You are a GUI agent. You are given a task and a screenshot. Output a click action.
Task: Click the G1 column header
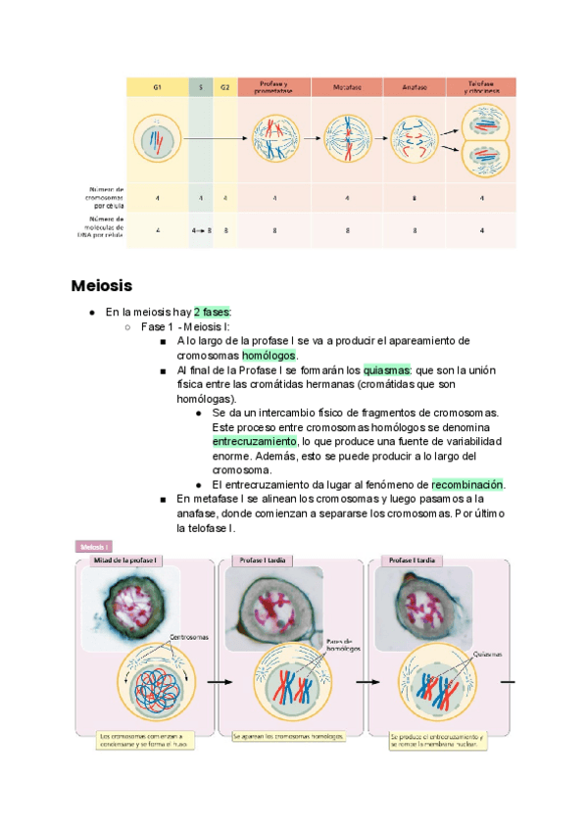click(x=157, y=87)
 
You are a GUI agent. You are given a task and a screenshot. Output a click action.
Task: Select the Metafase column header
click(x=347, y=87)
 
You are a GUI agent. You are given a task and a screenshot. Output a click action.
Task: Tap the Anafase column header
click(x=414, y=87)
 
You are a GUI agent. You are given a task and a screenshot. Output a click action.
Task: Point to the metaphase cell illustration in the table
click(x=347, y=138)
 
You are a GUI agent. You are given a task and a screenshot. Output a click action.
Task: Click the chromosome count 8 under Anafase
click(x=414, y=198)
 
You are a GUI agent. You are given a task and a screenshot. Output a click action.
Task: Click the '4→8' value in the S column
click(x=202, y=231)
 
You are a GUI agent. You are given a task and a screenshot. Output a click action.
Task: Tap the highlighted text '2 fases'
click(x=212, y=313)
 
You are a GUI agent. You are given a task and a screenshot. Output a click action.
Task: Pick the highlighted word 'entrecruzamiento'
click(x=254, y=442)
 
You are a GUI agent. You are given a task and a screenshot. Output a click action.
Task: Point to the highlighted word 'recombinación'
click(x=467, y=485)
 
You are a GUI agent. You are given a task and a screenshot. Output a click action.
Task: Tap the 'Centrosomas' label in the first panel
click(x=189, y=636)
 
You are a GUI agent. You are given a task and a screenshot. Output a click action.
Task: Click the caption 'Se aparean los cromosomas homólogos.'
click(x=289, y=735)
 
